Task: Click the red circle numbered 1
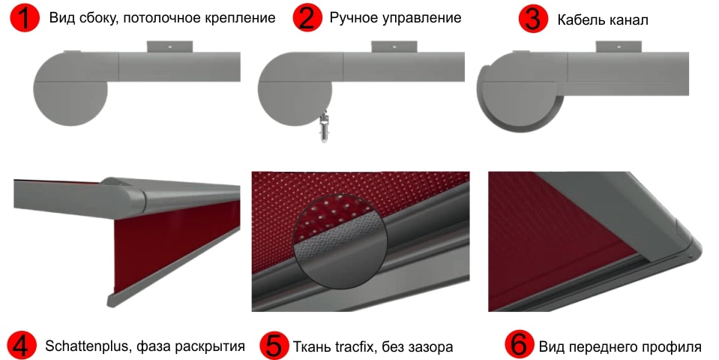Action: tap(24, 18)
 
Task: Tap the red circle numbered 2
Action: tap(307, 18)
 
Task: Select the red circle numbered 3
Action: tap(533, 19)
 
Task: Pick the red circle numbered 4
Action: tap(22, 345)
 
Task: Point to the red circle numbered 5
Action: tap(274, 345)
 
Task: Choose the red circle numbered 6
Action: tap(519, 345)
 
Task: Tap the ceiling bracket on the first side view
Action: tap(169, 46)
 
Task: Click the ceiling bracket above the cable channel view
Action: tap(619, 46)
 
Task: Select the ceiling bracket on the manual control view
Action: tap(394, 46)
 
